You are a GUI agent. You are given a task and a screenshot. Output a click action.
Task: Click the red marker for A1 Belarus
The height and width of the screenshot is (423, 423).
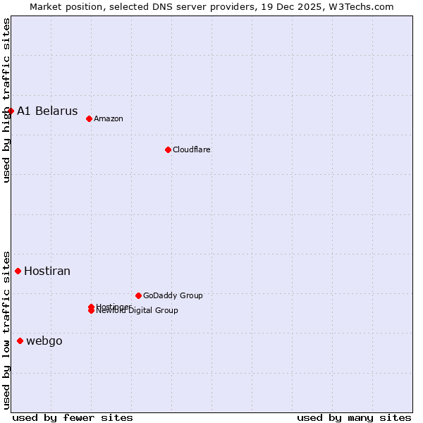pyautogui.click(x=11, y=111)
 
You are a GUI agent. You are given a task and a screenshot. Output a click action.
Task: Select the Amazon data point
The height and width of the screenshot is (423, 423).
pyautogui.click(x=89, y=118)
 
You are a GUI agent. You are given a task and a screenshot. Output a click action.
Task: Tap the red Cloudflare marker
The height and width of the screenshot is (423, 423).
pyautogui.click(x=168, y=149)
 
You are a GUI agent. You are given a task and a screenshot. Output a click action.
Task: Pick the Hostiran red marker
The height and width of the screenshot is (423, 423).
pyautogui.click(x=18, y=271)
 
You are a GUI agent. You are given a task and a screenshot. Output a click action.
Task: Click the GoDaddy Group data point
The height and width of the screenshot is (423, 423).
pyautogui.click(x=138, y=295)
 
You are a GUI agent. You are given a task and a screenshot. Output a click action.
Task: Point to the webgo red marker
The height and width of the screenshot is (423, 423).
pyautogui.click(x=20, y=341)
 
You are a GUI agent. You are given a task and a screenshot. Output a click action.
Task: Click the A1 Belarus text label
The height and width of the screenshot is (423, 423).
pyautogui.click(x=47, y=111)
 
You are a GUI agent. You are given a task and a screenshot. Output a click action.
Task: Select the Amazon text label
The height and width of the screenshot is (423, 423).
pyautogui.click(x=109, y=118)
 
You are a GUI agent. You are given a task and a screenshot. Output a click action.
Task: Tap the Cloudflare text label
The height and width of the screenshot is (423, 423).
pyautogui.click(x=192, y=149)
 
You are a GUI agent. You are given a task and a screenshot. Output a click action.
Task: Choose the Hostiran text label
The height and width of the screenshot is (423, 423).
pyautogui.click(x=47, y=271)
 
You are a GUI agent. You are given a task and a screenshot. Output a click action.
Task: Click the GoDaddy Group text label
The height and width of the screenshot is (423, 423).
pyautogui.click(x=173, y=295)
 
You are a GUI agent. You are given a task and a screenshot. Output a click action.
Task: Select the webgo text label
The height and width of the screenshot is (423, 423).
pyautogui.click(x=44, y=341)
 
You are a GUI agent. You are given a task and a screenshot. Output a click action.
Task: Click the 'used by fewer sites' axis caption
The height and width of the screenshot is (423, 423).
pyautogui.click(x=73, y=417)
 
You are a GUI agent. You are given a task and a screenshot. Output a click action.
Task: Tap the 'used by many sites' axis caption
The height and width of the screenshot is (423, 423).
pyautogui.click(x=354, y=417)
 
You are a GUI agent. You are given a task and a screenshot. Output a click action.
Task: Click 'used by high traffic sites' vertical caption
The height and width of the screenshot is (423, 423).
pyautogui.click(x=6, y=101)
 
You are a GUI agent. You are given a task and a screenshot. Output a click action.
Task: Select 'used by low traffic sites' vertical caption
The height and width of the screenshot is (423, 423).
pyautogui.click(x=6, y=330)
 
